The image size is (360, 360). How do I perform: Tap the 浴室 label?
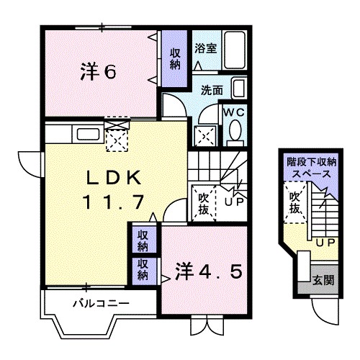[x=206, y=49]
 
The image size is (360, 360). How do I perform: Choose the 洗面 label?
[x=211, y=91]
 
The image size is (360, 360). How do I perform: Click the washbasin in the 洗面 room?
[x=242, y=90]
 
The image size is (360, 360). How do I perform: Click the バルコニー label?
[x=101, y=303]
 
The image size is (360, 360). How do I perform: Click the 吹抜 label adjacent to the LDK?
[x=202, y=203]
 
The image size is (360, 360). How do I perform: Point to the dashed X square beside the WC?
[x=205, y=135]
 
